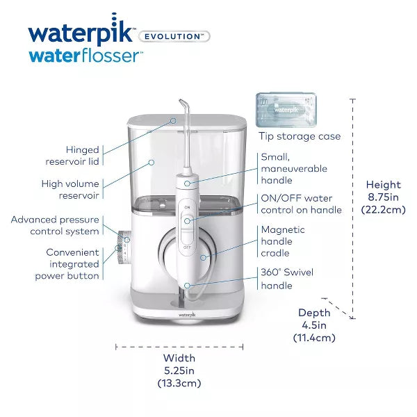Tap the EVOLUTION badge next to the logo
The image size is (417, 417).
tap(174, 36)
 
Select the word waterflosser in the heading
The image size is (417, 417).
tap(83, 56)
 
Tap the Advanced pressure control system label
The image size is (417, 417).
tap(55, 225)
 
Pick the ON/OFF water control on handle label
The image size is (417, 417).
tap(301, 204)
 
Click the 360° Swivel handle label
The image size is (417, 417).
tap(286, 279)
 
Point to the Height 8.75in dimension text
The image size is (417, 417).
tap(383, 198)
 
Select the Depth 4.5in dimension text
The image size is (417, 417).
tap(314, 325)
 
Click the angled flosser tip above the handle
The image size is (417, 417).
tap(184, 118)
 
